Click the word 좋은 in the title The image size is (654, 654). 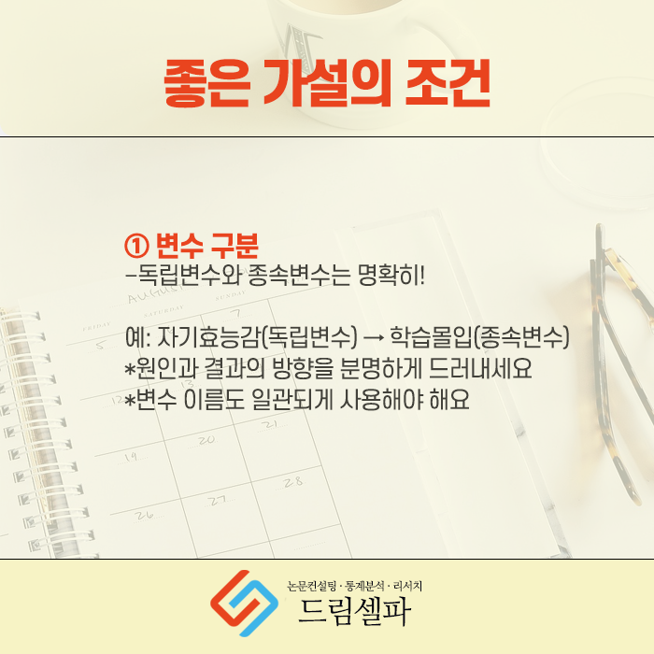(206, 83)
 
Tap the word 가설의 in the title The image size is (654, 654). (327, 83)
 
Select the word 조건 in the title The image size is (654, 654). (448, 83)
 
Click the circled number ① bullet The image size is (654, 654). (136, 246)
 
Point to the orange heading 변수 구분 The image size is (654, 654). (207, 246)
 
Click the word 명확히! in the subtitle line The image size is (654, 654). (391, 276)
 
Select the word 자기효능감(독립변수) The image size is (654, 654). (257, 337)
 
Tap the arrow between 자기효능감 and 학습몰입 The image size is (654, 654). (374, 338)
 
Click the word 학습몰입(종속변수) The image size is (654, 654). (479, 337)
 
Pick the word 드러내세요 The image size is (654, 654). (480, 368)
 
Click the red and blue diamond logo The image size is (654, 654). (245, 604)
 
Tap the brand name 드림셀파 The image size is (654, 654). (354, 611)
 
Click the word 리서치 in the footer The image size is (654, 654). (407, 586)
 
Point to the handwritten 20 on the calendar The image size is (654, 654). (206, 440)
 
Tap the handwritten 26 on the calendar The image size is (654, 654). (144, 516)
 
